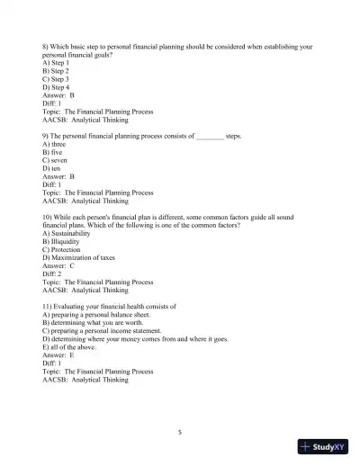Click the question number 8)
(46, 46)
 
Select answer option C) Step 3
(56, 78)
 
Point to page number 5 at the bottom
(180, 432)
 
